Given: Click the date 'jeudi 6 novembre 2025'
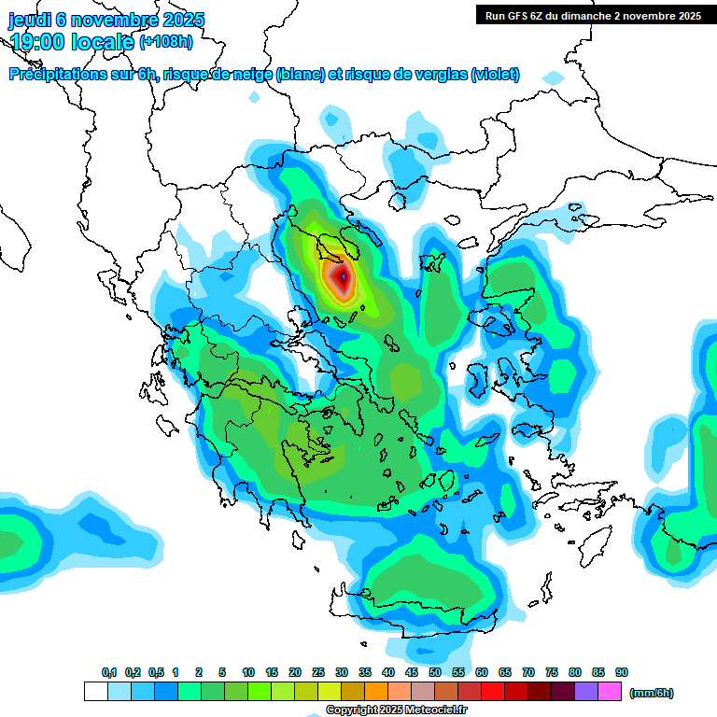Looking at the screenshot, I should tap(106, 20).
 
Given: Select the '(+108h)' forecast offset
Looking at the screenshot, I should tap(166, 41).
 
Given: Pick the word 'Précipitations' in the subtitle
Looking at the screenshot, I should tap(51, 75).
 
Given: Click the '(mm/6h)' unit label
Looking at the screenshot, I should tap(651, 693).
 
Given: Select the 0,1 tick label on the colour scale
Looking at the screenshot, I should tap(109, 673).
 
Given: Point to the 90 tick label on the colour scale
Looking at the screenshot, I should tap(622, 673).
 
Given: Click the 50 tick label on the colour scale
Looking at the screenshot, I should tap(435, 673).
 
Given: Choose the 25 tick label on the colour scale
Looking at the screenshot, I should tap(318, 673).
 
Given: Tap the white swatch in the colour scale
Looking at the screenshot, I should tap(95, 692).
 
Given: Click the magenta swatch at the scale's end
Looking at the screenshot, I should tap(610, 692).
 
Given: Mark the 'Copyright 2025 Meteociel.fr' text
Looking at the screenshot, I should tap(396, 710).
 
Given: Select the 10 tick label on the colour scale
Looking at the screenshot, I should tap(248, 673).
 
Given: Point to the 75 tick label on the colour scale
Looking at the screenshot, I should tap(552, 673).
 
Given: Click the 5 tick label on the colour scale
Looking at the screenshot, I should tap(222, 673).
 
